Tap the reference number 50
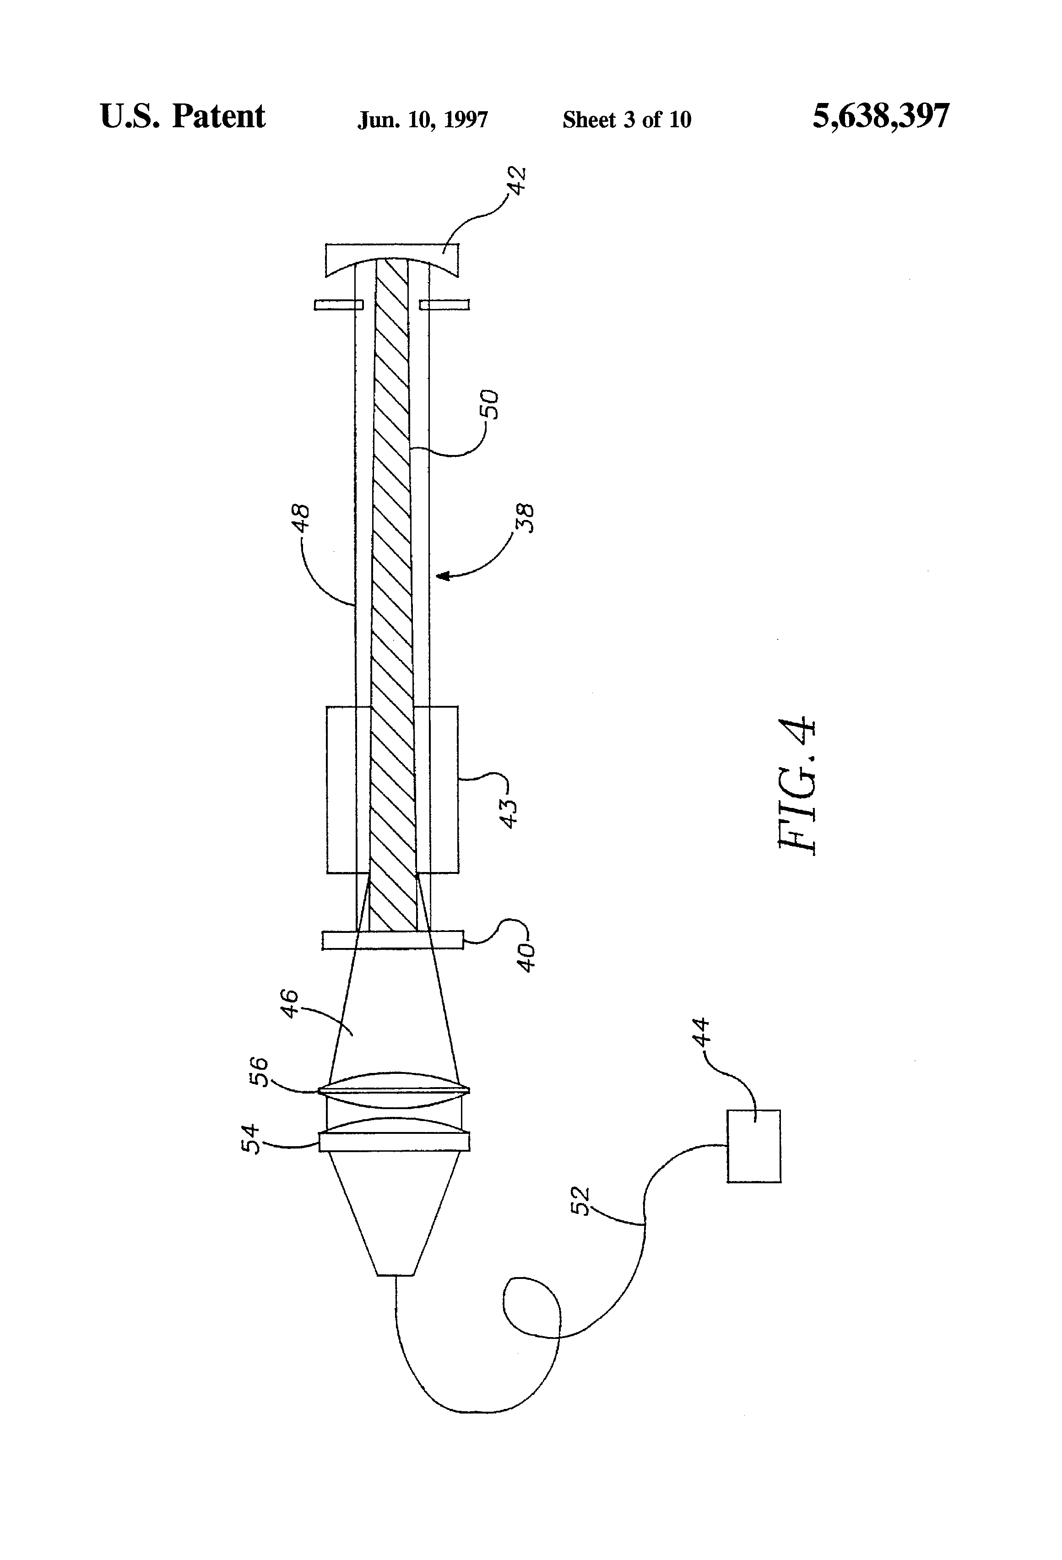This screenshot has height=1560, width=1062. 491,404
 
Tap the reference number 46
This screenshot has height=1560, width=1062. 289,1003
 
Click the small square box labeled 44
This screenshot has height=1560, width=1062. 753,1146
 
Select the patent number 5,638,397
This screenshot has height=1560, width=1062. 881,116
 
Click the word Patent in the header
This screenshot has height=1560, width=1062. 218,116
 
